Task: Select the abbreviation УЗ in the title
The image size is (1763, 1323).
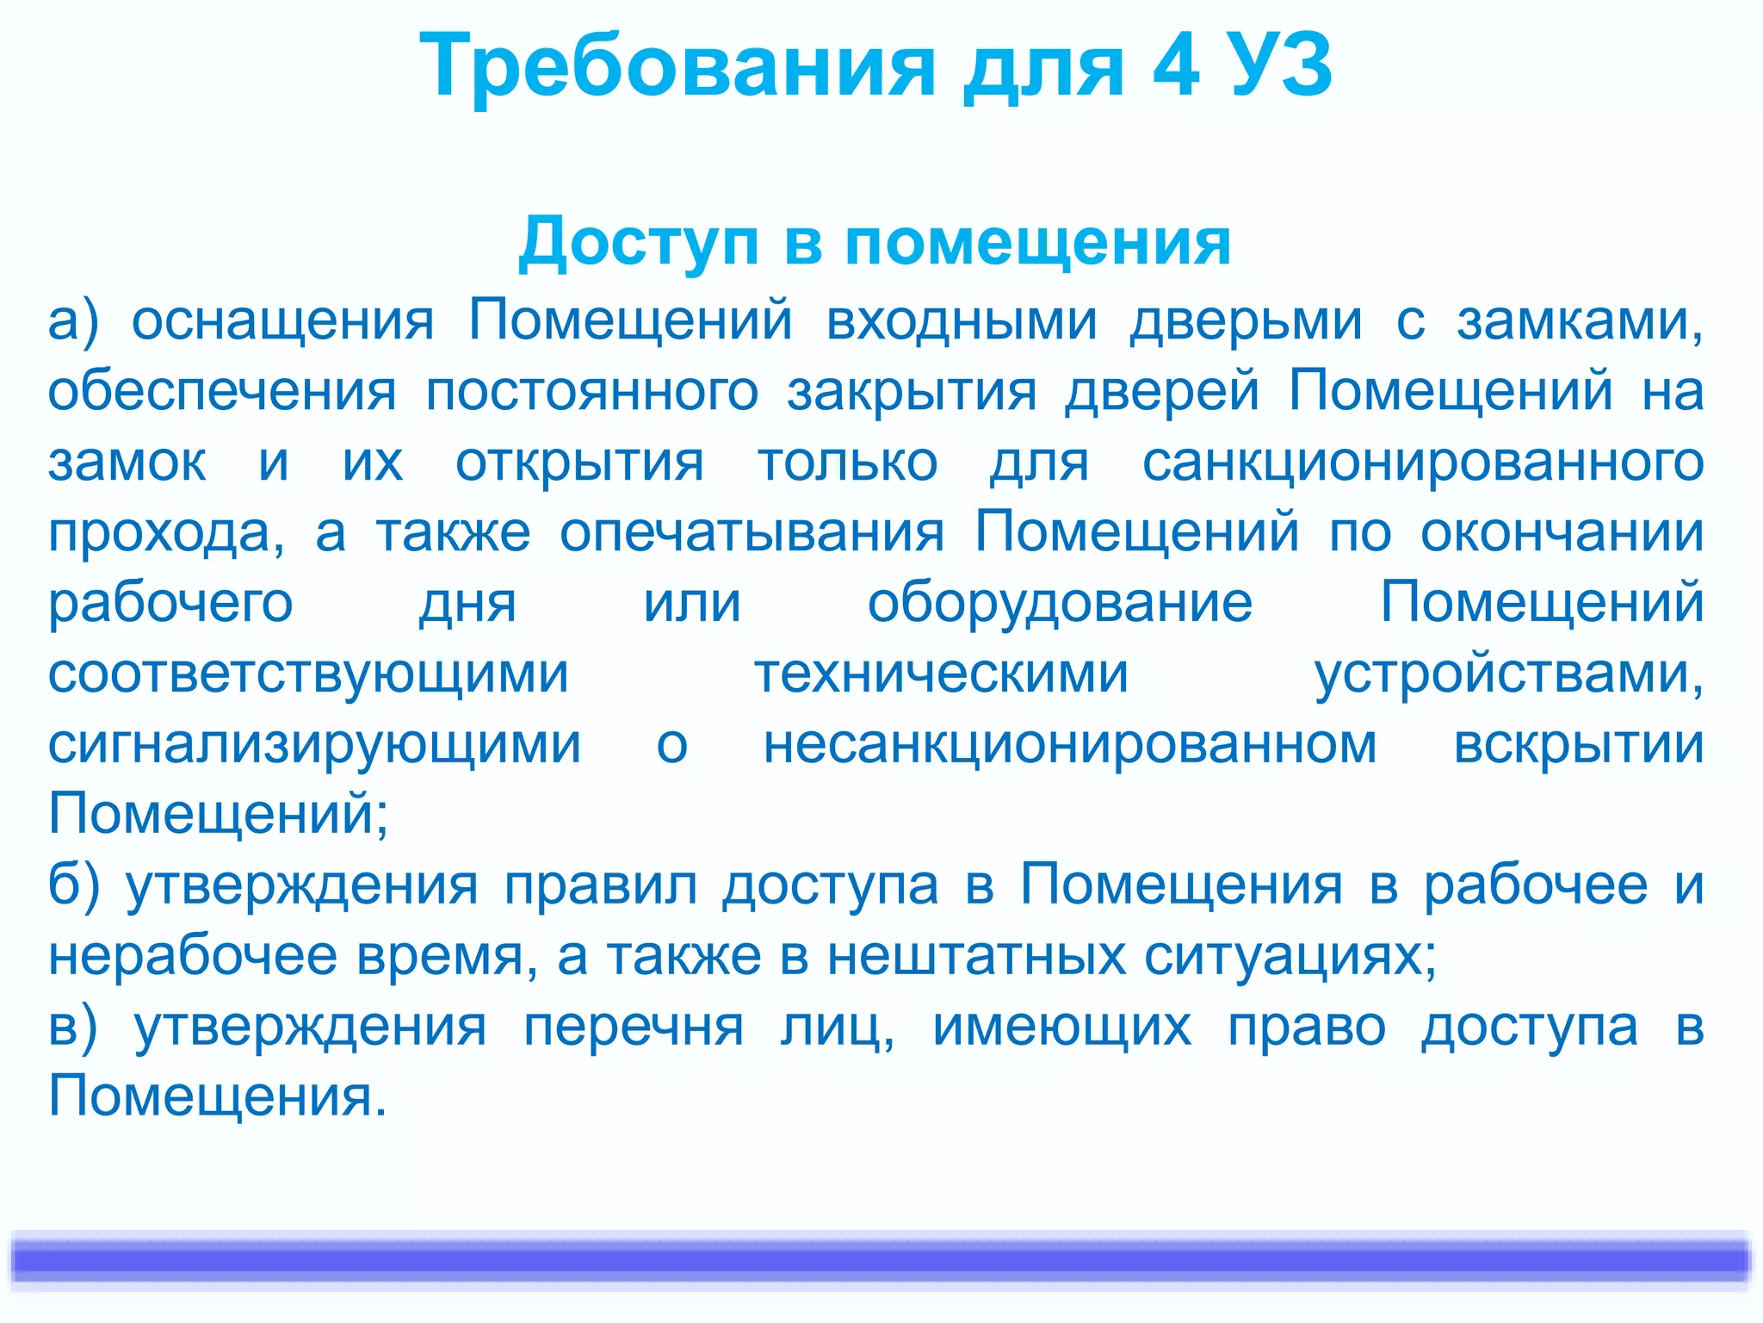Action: click(x=1281, y=65)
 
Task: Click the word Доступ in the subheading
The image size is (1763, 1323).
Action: click(x=638, y=242)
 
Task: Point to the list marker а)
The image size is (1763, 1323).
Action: click(x=73, y=320)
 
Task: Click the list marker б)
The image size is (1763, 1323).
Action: click(x=74, y=885)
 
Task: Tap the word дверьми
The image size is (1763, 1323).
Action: click(x=1246, y=320)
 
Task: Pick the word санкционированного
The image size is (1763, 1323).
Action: click(x=1422, y=463)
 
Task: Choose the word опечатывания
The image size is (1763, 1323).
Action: click(x=752, y=532)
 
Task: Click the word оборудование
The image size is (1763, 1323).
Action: click(x=1060, y=602)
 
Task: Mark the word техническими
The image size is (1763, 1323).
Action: click(x=941, y=674)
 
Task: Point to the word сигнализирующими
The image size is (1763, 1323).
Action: click(x=314, y=746)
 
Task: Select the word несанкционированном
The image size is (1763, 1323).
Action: click(x=1070, y=744)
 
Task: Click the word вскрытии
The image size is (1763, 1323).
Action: click(x=1578, y=744)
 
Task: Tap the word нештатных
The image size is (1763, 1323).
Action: click(x=976, y=955)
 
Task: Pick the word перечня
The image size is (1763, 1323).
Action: click(x=634, y=1028)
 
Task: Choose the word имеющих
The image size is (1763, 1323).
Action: click(x=1061, y=1028)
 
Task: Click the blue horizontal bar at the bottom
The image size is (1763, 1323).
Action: click(x=881, y=1260)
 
